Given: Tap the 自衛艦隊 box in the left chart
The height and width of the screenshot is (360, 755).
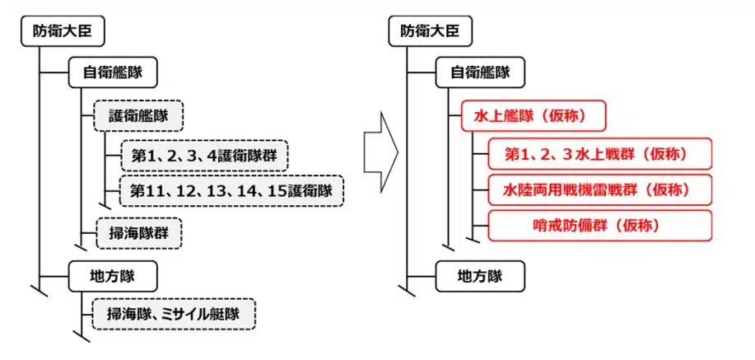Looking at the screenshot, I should point(113,72).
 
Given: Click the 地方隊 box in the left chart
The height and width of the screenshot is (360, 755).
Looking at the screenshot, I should point(113,275).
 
